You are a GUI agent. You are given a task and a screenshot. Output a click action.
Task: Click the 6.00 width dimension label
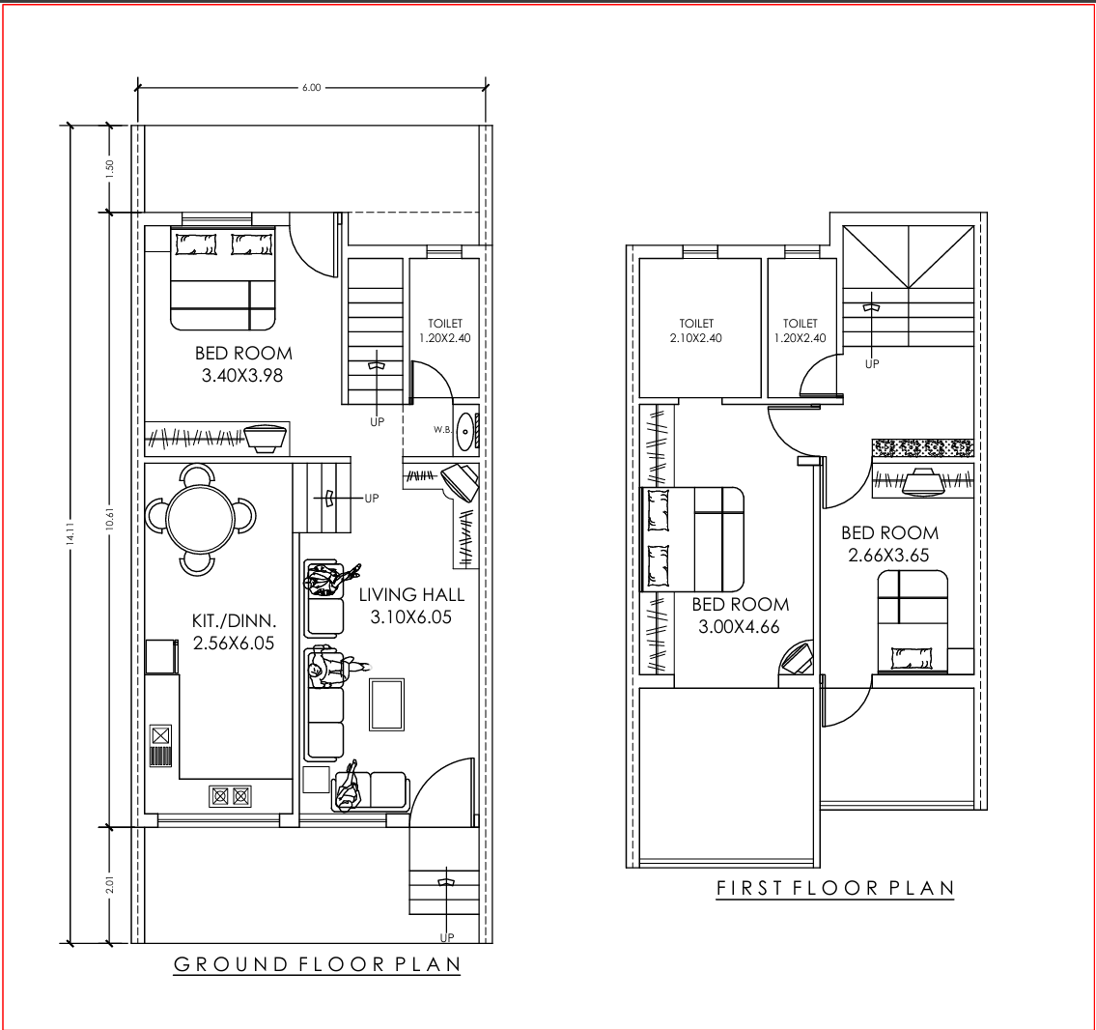(312, 87)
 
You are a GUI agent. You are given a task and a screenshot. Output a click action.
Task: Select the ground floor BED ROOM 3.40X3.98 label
(243, 364)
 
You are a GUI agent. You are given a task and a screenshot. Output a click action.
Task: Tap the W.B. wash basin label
(441, 429)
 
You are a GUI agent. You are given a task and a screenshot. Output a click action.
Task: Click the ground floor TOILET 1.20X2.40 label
(445, 330)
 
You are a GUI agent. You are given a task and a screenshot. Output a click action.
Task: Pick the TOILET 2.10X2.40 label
(696, 330)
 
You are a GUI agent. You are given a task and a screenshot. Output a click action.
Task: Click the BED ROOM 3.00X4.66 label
(741, 615)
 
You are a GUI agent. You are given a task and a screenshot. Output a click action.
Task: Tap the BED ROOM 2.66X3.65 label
(889, 544)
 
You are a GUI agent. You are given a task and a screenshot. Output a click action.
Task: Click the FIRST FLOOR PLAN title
(835, 888)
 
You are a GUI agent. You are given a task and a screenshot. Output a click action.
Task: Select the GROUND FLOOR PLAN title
(318, 964)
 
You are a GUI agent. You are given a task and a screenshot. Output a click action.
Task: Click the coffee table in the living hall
(387, 704)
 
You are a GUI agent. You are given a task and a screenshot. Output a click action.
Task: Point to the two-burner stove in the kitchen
(231, 796)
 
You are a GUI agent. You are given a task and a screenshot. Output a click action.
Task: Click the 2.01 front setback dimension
(109, 884)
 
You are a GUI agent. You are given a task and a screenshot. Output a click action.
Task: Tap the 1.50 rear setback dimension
(109, 168)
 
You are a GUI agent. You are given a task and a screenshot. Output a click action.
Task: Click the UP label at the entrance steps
(447, 937)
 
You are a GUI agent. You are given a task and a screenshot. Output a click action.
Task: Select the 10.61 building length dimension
(109, 518)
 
